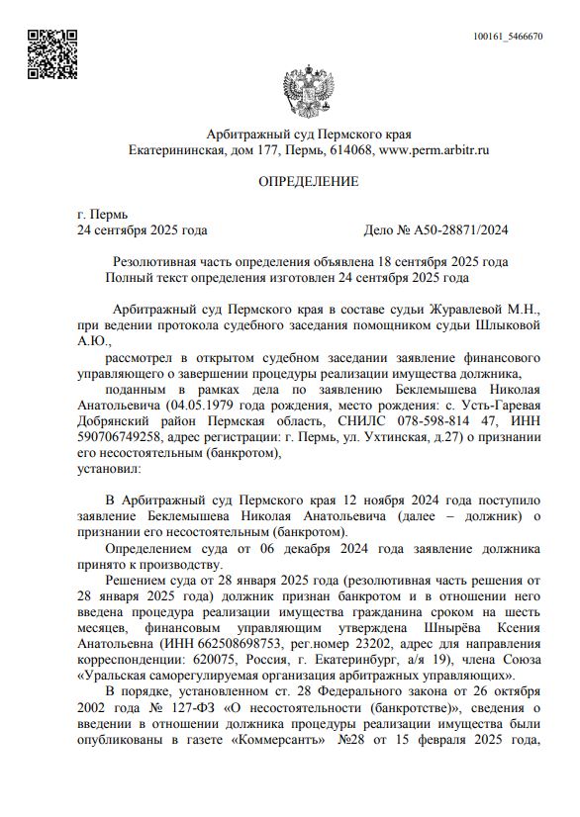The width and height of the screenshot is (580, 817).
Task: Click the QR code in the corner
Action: click(x=50, y=55)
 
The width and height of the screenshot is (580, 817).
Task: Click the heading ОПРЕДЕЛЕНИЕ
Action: click(x=308, y=182)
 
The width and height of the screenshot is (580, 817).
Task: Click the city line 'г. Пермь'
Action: click(x=102, y=214)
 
